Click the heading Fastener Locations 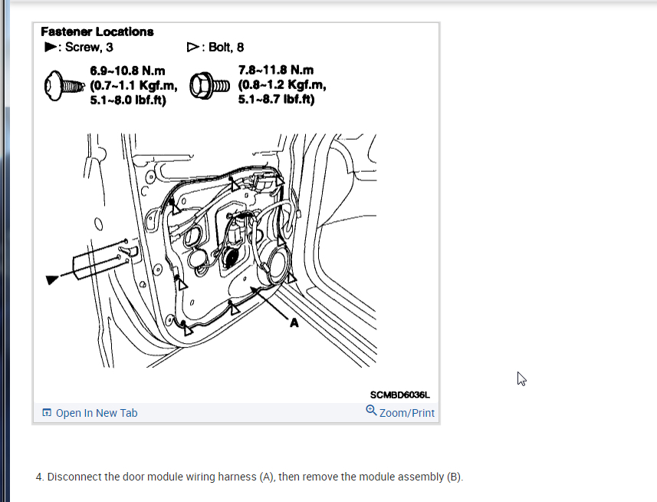97,31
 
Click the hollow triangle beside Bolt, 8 192,47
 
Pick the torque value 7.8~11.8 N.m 276,70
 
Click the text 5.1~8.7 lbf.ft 277,99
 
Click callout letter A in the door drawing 293,323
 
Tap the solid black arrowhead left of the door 51,279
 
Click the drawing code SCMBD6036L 400,395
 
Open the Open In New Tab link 97,413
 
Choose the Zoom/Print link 406,413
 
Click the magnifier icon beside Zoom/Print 371,411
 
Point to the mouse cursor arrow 521,378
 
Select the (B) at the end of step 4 454,477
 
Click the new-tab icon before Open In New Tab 48,413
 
